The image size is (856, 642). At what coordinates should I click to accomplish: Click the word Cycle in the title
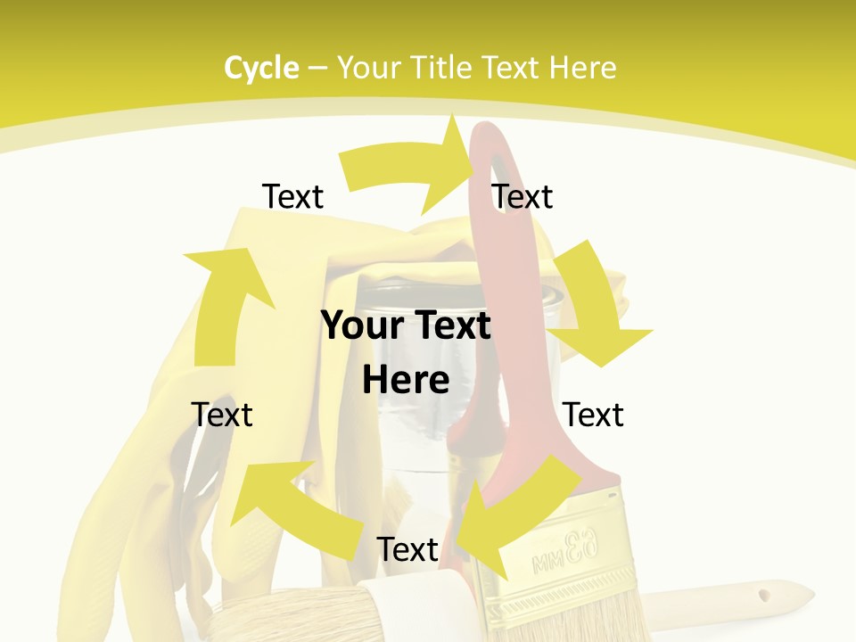261,68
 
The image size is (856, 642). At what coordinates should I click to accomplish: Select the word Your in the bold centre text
360,326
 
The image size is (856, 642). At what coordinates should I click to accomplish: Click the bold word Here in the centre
406,380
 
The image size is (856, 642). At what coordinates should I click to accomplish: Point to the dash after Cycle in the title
317,68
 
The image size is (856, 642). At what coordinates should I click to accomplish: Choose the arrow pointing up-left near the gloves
285,508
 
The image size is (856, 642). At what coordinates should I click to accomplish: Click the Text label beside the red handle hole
523,197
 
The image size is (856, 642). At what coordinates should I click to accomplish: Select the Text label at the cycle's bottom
407,550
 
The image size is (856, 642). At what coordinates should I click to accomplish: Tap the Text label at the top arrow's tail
292,197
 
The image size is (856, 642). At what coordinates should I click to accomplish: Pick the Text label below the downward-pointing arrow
593,415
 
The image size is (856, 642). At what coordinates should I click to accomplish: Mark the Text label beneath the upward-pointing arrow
222,415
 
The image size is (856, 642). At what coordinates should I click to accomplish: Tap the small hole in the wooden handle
762,593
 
